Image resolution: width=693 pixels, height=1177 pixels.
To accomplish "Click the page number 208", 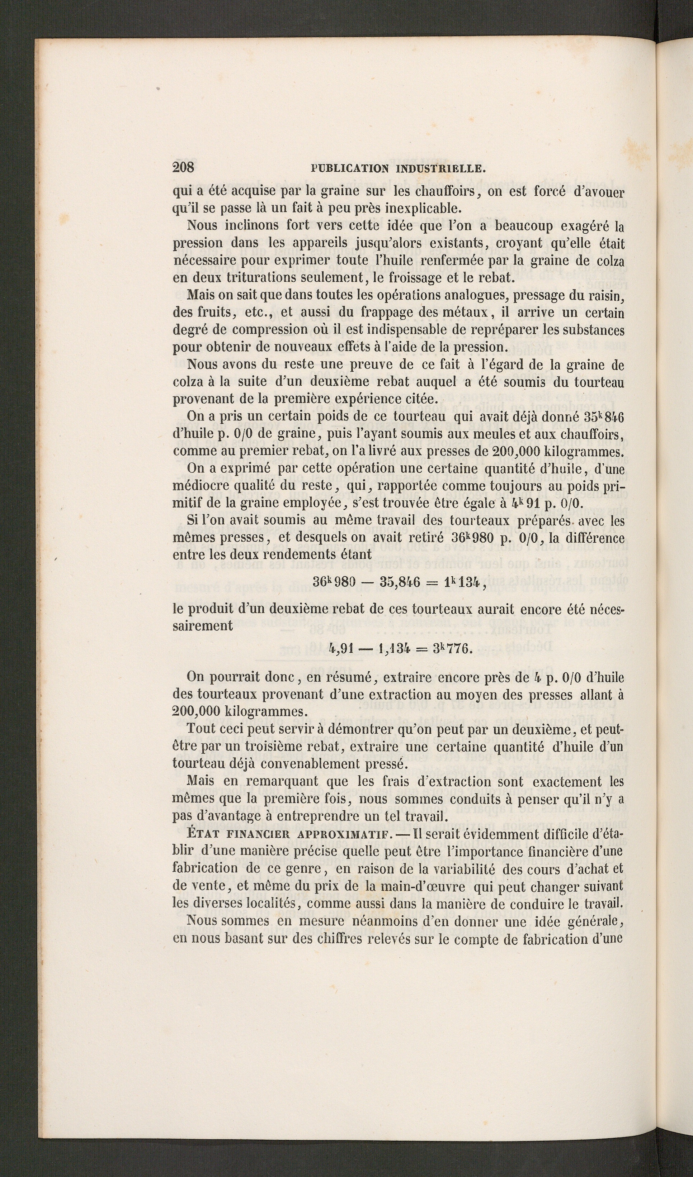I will (x=183, y=167).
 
